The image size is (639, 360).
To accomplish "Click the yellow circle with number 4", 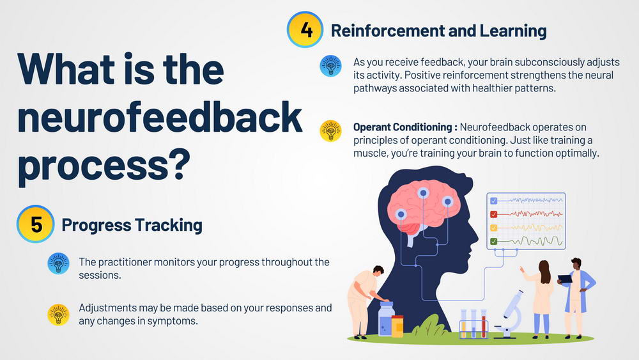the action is (305, 29).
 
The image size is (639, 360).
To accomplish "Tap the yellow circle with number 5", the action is (35, 224).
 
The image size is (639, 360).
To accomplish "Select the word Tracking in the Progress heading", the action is (168, 225).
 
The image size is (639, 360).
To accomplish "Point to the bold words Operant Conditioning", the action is (402, 127).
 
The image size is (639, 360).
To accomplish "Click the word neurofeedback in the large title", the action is (160, 117).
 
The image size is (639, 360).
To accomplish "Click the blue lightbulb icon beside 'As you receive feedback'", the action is (330, 66).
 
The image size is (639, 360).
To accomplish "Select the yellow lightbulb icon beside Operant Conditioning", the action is (330, 131).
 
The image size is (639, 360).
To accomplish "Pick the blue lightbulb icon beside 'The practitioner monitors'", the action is (58, 263).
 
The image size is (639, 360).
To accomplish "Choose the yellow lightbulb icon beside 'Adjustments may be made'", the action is (58, 315).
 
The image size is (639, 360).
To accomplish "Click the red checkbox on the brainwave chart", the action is (493, 214).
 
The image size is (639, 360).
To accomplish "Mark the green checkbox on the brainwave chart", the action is (493, 241).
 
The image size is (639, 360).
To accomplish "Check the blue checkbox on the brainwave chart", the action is (493, 201).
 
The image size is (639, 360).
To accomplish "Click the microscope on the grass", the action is (509, 314).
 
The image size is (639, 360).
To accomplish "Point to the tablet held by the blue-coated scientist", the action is (565, 279).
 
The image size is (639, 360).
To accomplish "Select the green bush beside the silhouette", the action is (430, 326).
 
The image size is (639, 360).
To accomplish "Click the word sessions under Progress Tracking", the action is (100, 275).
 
